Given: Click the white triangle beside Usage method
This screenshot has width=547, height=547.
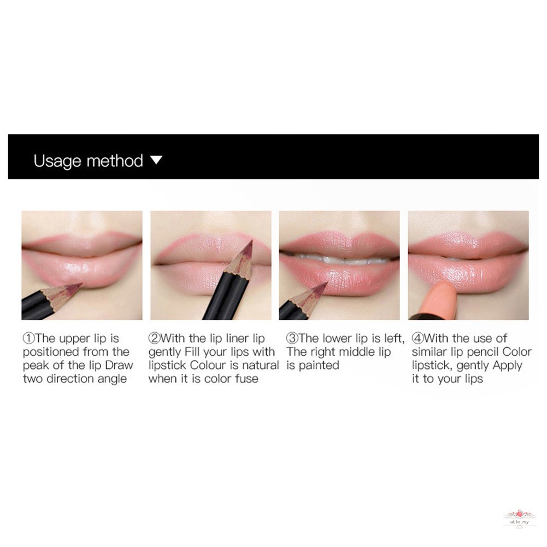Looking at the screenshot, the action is click(x=156, y=160).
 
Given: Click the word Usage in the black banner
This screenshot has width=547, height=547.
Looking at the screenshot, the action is click(x=57, y=161).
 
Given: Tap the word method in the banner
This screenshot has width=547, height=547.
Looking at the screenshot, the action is click(x=115, y=161).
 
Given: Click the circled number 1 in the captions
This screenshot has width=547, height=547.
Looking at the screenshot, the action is click(x=28, y=338).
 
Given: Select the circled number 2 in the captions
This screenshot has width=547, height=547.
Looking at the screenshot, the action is click(x=154, y=338).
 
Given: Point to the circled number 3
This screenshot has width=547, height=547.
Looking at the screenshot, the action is click(x=292, y=338).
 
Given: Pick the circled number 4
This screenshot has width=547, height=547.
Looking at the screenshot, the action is click(x=417, y=338).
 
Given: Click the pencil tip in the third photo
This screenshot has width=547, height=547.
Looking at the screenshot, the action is click(x=327, y=283).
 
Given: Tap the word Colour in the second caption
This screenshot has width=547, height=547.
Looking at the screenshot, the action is click(x=208, y=365).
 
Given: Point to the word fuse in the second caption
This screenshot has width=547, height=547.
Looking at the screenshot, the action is click(x=247, y=379).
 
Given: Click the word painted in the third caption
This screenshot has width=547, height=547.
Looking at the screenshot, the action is click(x=319, y=365).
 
